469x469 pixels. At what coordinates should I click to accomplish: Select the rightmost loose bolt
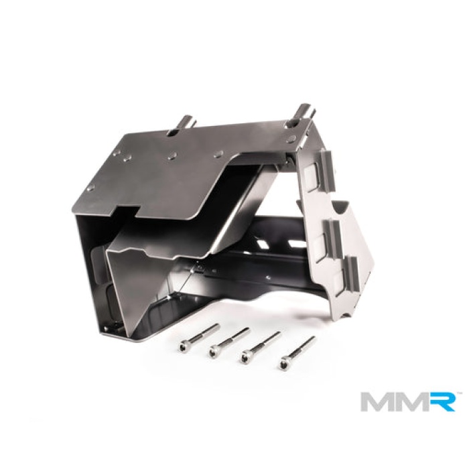[298, 352]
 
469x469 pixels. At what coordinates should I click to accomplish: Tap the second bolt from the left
[229, 341]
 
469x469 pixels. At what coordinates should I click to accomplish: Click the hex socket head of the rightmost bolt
[285, 364]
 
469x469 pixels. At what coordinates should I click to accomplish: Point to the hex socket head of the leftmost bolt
[184, 346]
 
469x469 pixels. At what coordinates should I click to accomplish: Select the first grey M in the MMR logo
[377, 401]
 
